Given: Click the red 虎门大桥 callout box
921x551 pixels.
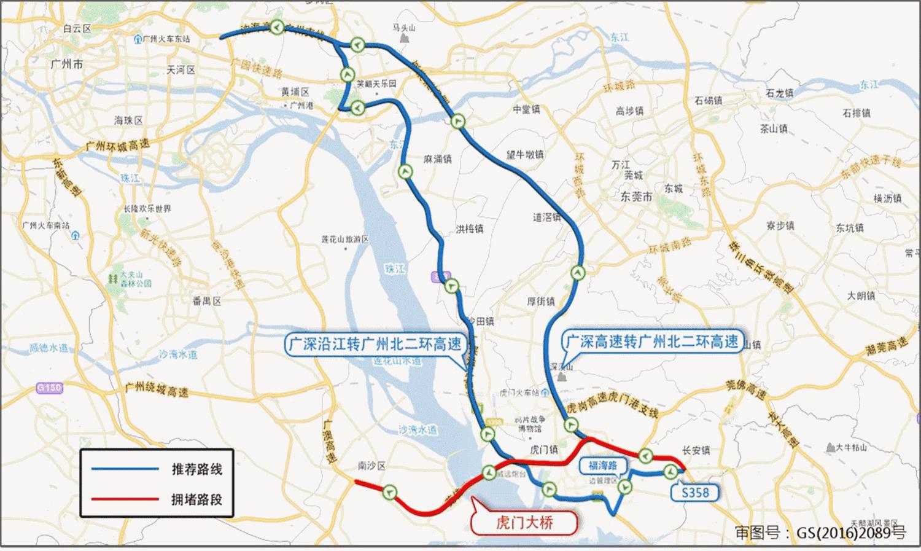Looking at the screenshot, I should pos(524,523).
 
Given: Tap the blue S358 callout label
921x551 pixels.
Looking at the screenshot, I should pos(695,492).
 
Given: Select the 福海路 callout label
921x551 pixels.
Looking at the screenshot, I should pos(602,465).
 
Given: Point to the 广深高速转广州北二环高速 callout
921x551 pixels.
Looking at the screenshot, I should pos(651,342).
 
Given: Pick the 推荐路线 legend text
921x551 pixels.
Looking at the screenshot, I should pos(196,470).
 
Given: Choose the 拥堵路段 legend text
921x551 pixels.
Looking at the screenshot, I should pos(196,499).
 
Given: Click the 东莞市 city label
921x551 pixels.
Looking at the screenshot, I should pos(635,197).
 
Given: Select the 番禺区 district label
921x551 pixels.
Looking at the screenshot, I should pos(206,301).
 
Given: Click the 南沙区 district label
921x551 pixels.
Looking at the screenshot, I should pos(371,466).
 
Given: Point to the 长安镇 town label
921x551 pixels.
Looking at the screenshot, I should pos(696,450).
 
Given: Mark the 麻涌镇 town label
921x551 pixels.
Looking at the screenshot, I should pos(438,159).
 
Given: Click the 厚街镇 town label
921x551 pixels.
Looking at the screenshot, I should pos(541,302).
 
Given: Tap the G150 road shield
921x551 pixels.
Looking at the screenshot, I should pos(49,388).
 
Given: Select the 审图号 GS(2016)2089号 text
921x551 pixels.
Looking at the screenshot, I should pos(820,533).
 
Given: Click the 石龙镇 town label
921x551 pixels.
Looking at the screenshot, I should pos(780,93).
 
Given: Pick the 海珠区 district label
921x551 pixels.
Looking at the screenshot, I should pos(128,120).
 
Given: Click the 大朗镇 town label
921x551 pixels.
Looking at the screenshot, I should pos(861,296).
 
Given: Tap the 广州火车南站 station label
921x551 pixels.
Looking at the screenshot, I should pos(46,225).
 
